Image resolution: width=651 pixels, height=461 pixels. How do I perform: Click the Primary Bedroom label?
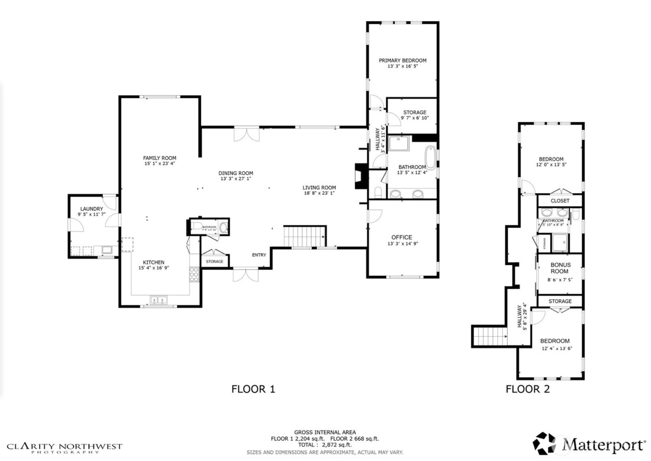click(402, 60)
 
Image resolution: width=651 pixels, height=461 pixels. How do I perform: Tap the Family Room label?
click(159, 158)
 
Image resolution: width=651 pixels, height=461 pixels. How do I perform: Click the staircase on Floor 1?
click(305, 236)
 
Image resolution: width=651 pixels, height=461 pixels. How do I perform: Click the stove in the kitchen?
click(193, 274)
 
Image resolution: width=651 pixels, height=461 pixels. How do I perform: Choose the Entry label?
click(259, 255)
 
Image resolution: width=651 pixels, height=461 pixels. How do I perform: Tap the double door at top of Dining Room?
click(246, 134)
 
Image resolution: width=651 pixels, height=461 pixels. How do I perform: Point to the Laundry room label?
click(91, 209)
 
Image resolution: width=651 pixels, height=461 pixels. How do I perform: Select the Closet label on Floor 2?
click(560, 201)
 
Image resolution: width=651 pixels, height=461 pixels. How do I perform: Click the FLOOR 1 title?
click(253, 389)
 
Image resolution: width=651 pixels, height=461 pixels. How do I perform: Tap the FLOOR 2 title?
click(527, 389)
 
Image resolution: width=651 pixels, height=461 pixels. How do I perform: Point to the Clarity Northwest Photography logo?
click(65, 448)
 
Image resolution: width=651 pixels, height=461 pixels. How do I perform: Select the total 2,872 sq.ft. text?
click(325, 445)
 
